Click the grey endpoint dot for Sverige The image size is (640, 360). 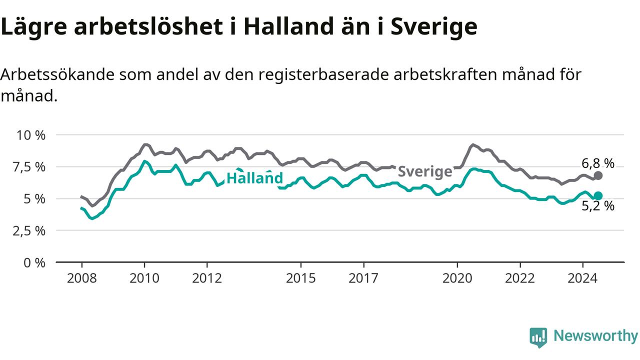(x=598, y=175)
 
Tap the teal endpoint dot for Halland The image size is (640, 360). (x=598, y=195)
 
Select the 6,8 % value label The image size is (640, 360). (x=598, y=163)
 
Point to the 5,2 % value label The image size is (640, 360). (x=598, y=206)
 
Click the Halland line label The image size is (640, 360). (x=254, y=177)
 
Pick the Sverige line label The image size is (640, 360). (x=425, y=171)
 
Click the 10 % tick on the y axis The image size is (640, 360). (x=31, y=135)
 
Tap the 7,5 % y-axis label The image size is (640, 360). (x=29, y=167)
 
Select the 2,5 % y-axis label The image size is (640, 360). (x=29, y=231)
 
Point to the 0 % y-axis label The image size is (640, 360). (x=34, y=263)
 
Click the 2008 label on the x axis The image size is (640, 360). (x=81, y=278)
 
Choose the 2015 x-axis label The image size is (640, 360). (x=301, y=278)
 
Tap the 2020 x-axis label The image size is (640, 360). (x=457, y=278)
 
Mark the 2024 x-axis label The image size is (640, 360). (x=582, y=278)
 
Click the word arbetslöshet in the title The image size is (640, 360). (x=148, y=26)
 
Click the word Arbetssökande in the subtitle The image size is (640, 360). (x=57, y=75)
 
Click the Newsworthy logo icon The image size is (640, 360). (x=538, y=337)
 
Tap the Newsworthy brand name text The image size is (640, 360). (x=595, y=336)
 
